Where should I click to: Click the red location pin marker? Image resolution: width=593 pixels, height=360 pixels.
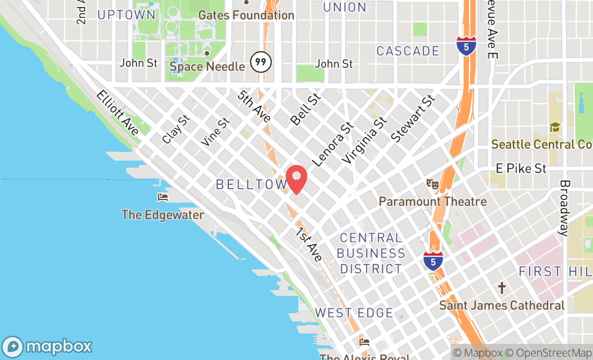click(296, 178)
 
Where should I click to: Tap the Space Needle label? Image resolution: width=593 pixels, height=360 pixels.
click(207, 67)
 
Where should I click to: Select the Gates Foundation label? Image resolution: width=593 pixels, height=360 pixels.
click(246, 15)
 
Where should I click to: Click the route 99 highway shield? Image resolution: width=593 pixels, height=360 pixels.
click(261, 62)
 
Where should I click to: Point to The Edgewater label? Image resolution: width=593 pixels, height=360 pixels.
click(163, 215)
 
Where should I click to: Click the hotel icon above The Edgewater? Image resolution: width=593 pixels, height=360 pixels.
click(163, 197)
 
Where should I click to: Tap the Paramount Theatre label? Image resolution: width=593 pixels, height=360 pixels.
click(432, 202)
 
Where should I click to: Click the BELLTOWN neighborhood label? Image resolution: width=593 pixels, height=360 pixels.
click(251, 184)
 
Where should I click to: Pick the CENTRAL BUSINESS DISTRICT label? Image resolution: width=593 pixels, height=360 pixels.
click(372, 253)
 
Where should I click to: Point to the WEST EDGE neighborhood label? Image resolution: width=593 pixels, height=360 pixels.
click(354, 313)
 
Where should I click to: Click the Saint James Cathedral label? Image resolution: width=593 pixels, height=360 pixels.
click(502, 306)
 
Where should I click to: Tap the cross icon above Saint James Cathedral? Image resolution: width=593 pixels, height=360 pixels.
click(502, 288)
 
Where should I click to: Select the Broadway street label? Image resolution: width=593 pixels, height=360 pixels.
click(564, 208)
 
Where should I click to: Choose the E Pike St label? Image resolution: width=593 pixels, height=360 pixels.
click(521, 169)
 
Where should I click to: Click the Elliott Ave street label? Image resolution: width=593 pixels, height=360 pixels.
click(118, 113)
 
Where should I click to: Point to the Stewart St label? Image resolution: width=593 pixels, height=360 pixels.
click(413, 119)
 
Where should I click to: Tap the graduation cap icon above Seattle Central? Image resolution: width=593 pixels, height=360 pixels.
click(555, 127)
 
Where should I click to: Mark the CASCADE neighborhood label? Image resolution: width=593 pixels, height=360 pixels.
click(408, 51)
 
